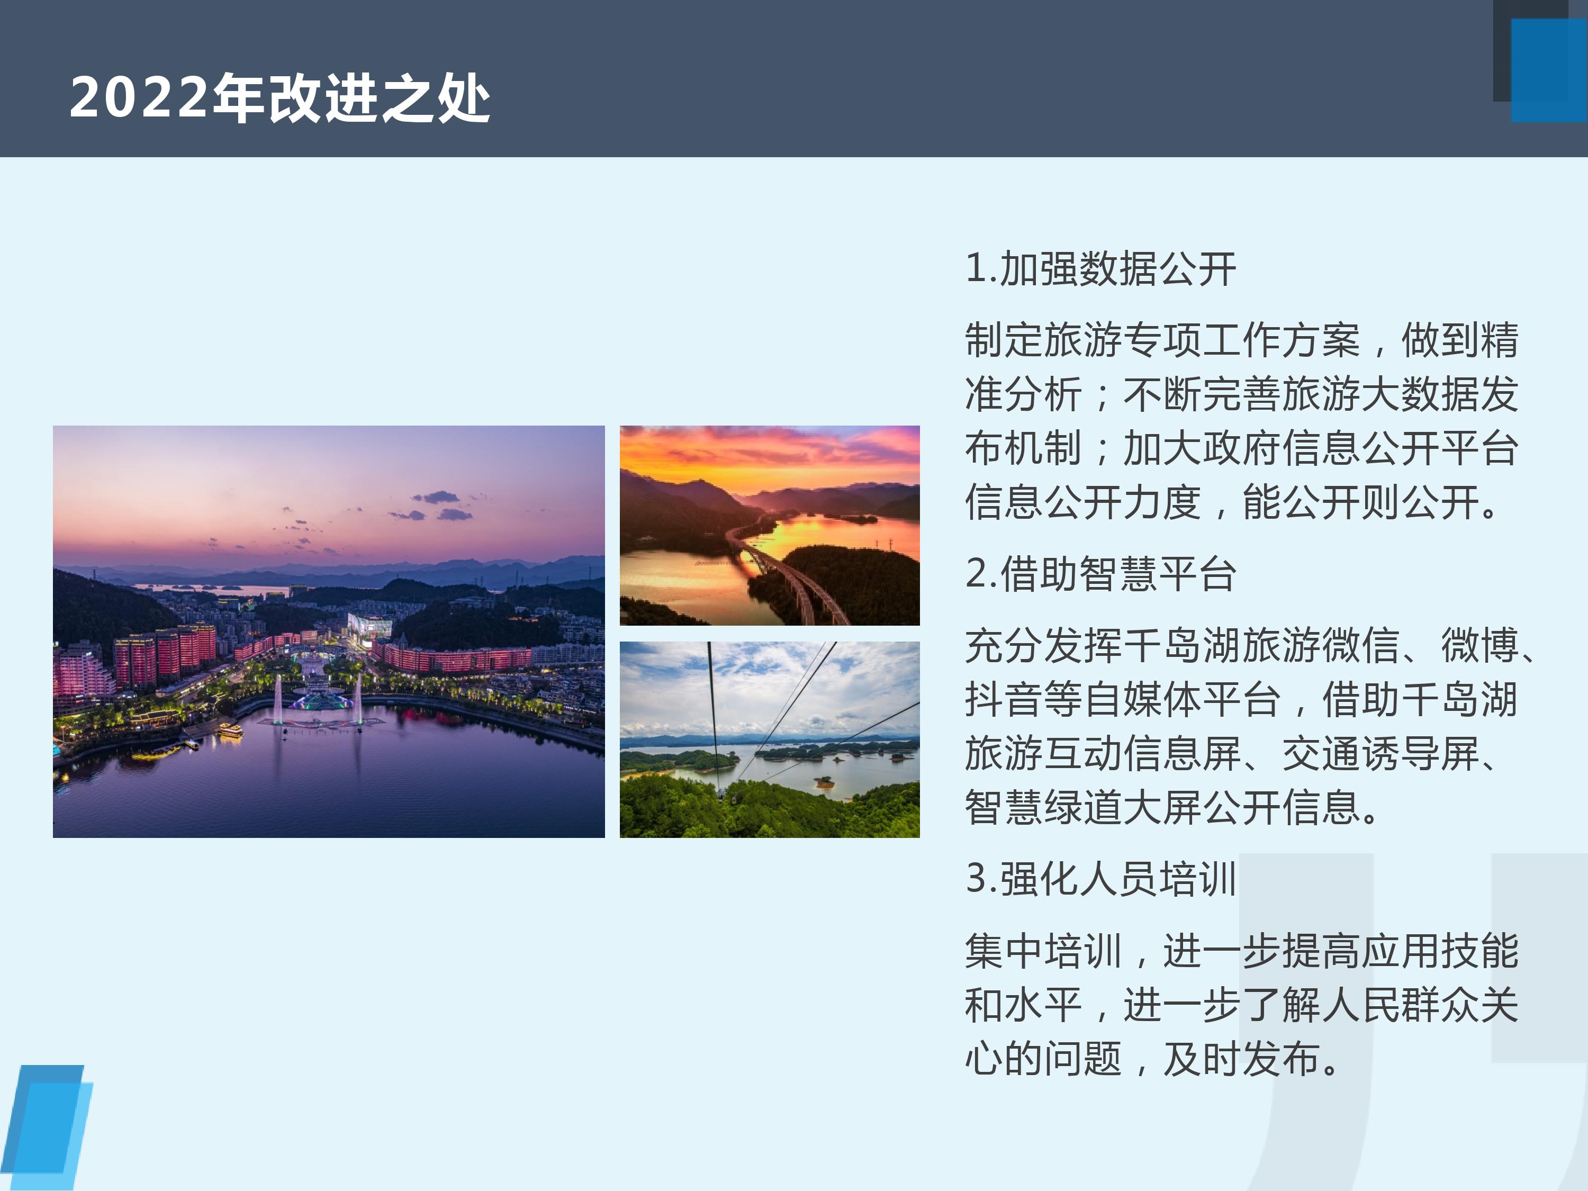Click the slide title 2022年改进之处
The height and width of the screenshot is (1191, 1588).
279,97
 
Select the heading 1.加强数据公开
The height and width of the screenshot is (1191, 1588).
1100,268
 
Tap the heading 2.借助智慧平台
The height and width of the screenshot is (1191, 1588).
1100,574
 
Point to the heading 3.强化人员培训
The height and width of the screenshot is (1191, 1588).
1100,878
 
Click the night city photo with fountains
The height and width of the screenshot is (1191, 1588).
329,631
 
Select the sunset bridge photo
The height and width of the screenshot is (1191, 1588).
770,526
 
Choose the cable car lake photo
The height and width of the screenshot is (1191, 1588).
770,739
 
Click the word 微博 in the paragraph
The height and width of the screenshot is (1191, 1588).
1479,645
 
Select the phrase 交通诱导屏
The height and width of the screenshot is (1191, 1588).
1380,753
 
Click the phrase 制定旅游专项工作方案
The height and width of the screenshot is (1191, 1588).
1162,340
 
